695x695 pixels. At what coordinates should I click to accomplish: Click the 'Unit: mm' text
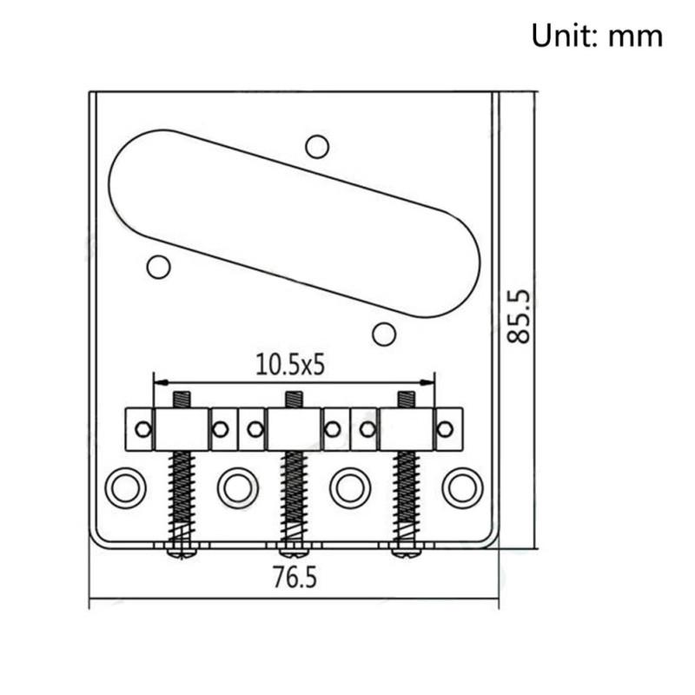pyautogui.click(x=597, y=36)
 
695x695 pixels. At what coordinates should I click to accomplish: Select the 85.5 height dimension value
pyautogui.click(x=519, y=317)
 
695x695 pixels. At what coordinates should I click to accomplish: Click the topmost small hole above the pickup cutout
pyautogui.click(x=317, y=147)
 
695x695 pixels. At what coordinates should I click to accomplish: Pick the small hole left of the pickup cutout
pyautogui.click(x=158, y=266)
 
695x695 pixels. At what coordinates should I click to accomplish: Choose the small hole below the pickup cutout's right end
pyautogui.click(x=384, y=333)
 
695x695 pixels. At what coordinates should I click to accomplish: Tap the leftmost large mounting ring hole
pyautogui.click(x=126, y=488)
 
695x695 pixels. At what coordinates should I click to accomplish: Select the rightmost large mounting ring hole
pyautogui.click(x=462, y=488)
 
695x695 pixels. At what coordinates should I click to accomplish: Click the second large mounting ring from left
pyautogui.click(x=238, y=488)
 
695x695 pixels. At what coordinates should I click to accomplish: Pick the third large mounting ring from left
pyautogui.click(x=350, y=488)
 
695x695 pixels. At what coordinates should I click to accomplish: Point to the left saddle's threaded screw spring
pyautogui.click(x=182, y=495)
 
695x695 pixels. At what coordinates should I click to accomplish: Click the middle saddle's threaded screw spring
pyautogui.click(x=294, y=495)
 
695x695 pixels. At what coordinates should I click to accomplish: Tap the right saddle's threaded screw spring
pyautogui.click(x=406, y=495)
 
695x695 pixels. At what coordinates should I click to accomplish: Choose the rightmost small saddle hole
pyautogui.click(x=445, y=428)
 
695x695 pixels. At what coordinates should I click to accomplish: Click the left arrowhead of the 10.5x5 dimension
pyautogui.click(x=157, y=381)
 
